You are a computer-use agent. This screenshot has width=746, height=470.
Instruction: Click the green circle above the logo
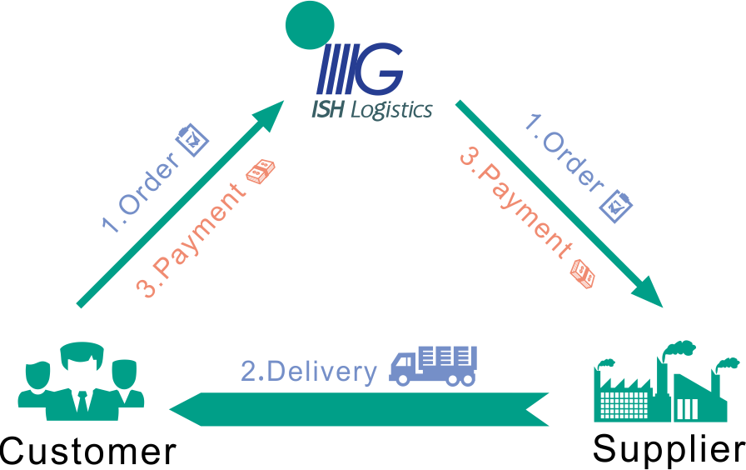[310, 27]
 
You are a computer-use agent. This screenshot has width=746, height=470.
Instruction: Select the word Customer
[88, 451]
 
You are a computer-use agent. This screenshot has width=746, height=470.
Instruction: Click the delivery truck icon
[434, 365]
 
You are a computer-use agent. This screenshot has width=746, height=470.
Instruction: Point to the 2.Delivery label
[309, 372]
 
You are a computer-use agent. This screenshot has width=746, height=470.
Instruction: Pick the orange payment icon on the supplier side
[584, 272]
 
